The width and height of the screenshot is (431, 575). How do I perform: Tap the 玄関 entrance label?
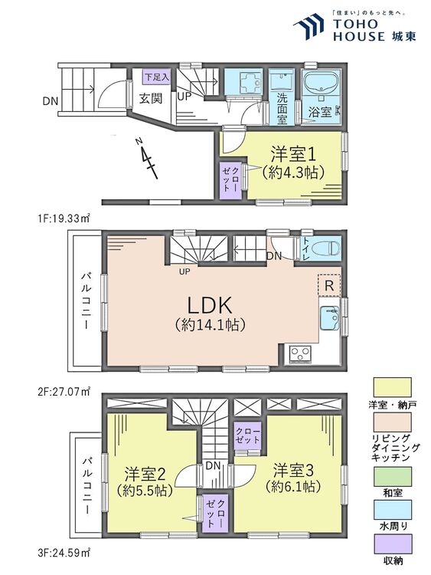pyautogui.click(x=149, y=98)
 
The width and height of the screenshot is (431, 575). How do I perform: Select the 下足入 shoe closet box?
pyautogui.click(x=158, y=77)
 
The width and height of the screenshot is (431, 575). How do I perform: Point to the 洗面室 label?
pyautogui.click(x=282, y=109)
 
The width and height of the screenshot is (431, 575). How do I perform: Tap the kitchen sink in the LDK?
pyautogui.click(x=331, y=317)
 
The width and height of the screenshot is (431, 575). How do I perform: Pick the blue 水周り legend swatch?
pyautogui.click(x=390, y=513)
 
